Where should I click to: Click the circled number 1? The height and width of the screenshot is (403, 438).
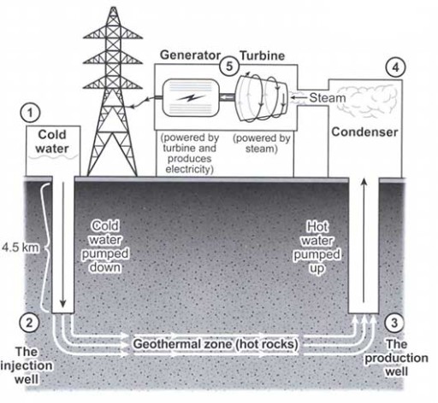click(x=31, y=112)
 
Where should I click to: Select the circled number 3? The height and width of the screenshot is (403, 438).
click(x=393, y=322)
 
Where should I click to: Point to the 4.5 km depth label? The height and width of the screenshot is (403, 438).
click(x=17, y=248)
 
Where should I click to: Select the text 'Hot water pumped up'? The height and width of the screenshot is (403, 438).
click(x=323, y=242)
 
